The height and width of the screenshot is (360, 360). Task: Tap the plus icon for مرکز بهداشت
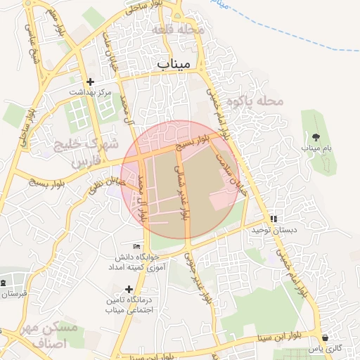tap(90, 81)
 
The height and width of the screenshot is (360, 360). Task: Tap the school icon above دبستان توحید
tap(274, 219)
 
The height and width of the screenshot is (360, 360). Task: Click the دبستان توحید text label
tap(276, 230)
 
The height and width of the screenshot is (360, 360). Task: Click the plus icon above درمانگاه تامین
tap(128, 288)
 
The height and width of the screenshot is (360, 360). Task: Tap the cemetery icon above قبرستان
tap(4, 282)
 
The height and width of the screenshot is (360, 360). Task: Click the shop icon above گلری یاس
tap(325, 337)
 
